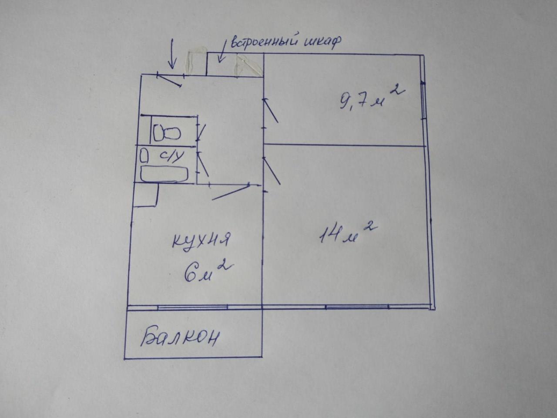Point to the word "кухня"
[201, 240]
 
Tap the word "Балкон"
[179, 337]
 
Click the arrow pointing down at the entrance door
[172, 54]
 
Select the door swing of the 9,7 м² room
[272, 111]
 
